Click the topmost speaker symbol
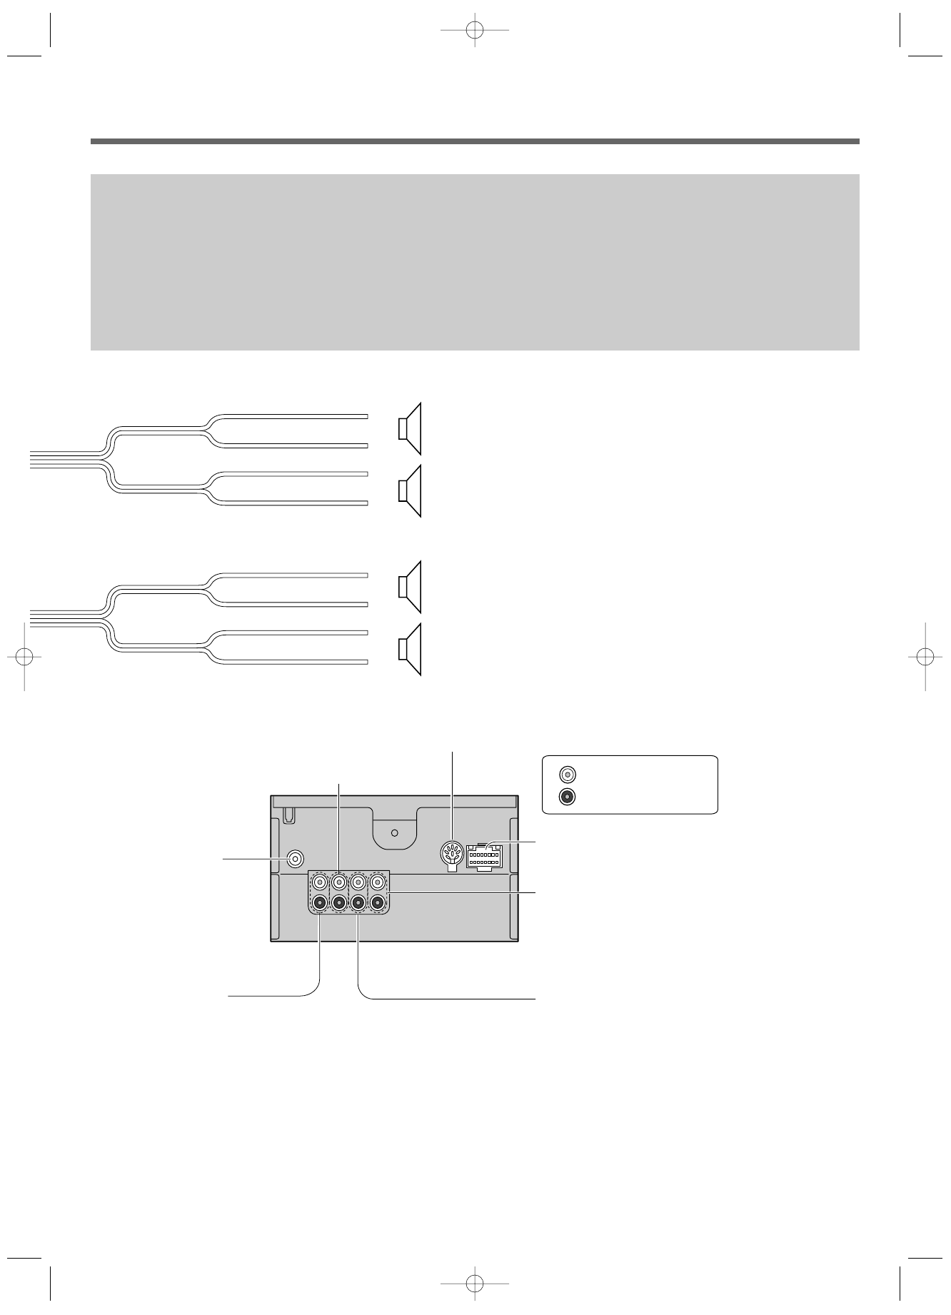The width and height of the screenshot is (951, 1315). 410,429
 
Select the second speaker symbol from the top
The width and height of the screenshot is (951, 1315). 410,491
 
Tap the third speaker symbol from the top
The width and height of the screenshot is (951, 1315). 410,587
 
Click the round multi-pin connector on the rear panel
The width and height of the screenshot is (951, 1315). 450,853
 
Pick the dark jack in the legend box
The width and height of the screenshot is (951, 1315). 567,797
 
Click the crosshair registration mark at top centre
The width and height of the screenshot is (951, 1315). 474,31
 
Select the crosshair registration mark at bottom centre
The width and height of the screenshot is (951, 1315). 474,1284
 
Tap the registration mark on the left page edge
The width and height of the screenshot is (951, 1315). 24,656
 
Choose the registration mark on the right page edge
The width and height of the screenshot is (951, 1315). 925,656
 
